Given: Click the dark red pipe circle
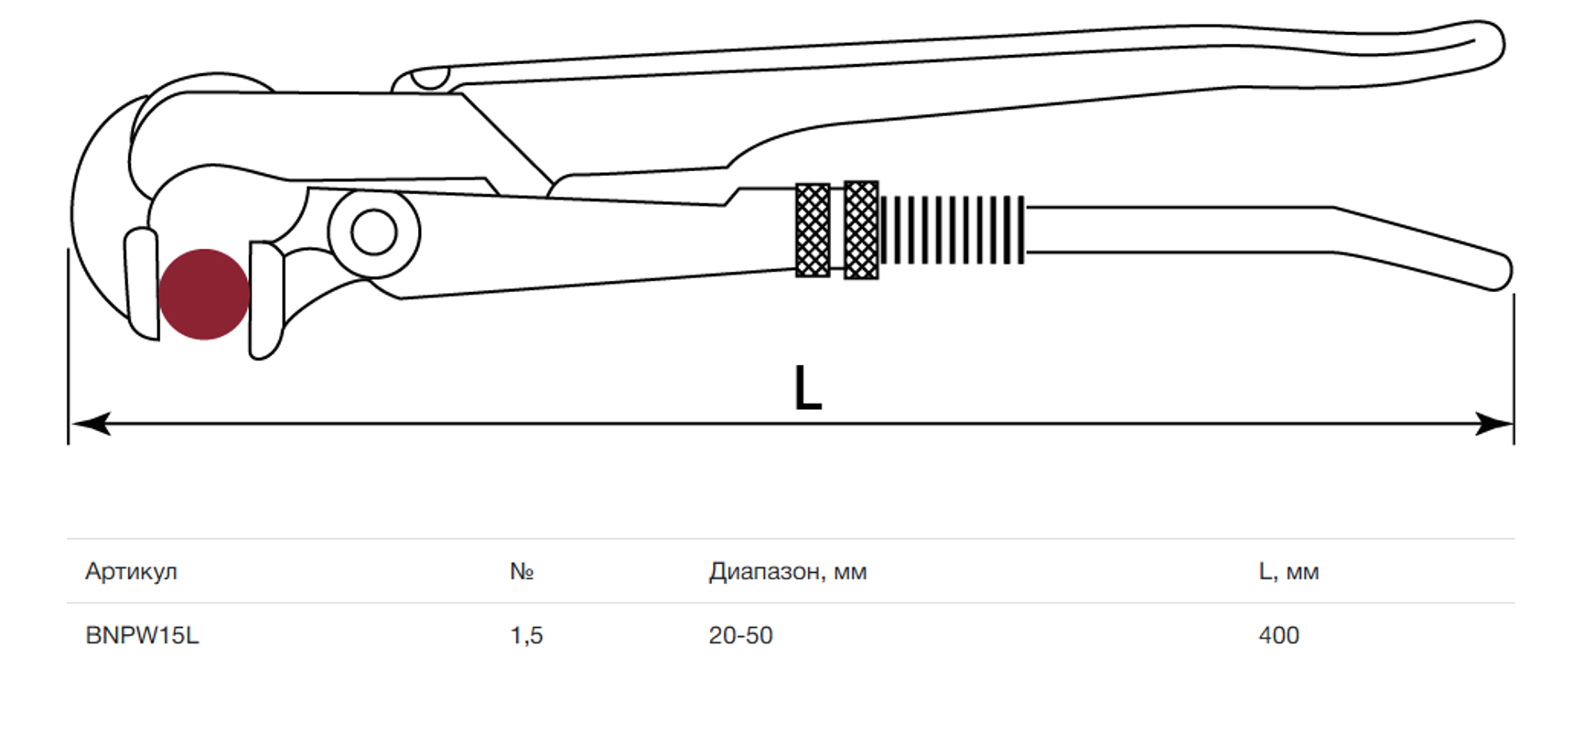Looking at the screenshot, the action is coord(204,294).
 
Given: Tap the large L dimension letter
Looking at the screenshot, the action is coord(807,388).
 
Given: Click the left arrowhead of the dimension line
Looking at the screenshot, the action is coord(91,424).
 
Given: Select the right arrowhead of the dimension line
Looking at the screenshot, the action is coord(1493,424).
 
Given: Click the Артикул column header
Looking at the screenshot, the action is coord(131,571).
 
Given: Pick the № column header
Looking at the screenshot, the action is coord(522,571).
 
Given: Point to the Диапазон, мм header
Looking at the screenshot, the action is coord(787,572).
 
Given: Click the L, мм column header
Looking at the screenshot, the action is coord(1288,572).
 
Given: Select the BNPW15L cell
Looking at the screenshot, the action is coord(142,635).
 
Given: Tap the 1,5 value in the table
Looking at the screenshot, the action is coord(526,635).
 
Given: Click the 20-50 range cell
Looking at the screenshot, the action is coord(740,635).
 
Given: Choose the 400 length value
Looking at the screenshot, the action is coord(1278,635).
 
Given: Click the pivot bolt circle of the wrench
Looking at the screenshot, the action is coord(373,232).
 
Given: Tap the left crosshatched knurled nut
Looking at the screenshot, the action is coord(813,230).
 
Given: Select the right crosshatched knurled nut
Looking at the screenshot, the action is coord(861,230).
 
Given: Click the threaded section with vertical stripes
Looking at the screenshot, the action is coord(953,230).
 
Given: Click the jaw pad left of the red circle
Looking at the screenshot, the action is coord(141,284).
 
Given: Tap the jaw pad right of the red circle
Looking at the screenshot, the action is coord(266,300).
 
